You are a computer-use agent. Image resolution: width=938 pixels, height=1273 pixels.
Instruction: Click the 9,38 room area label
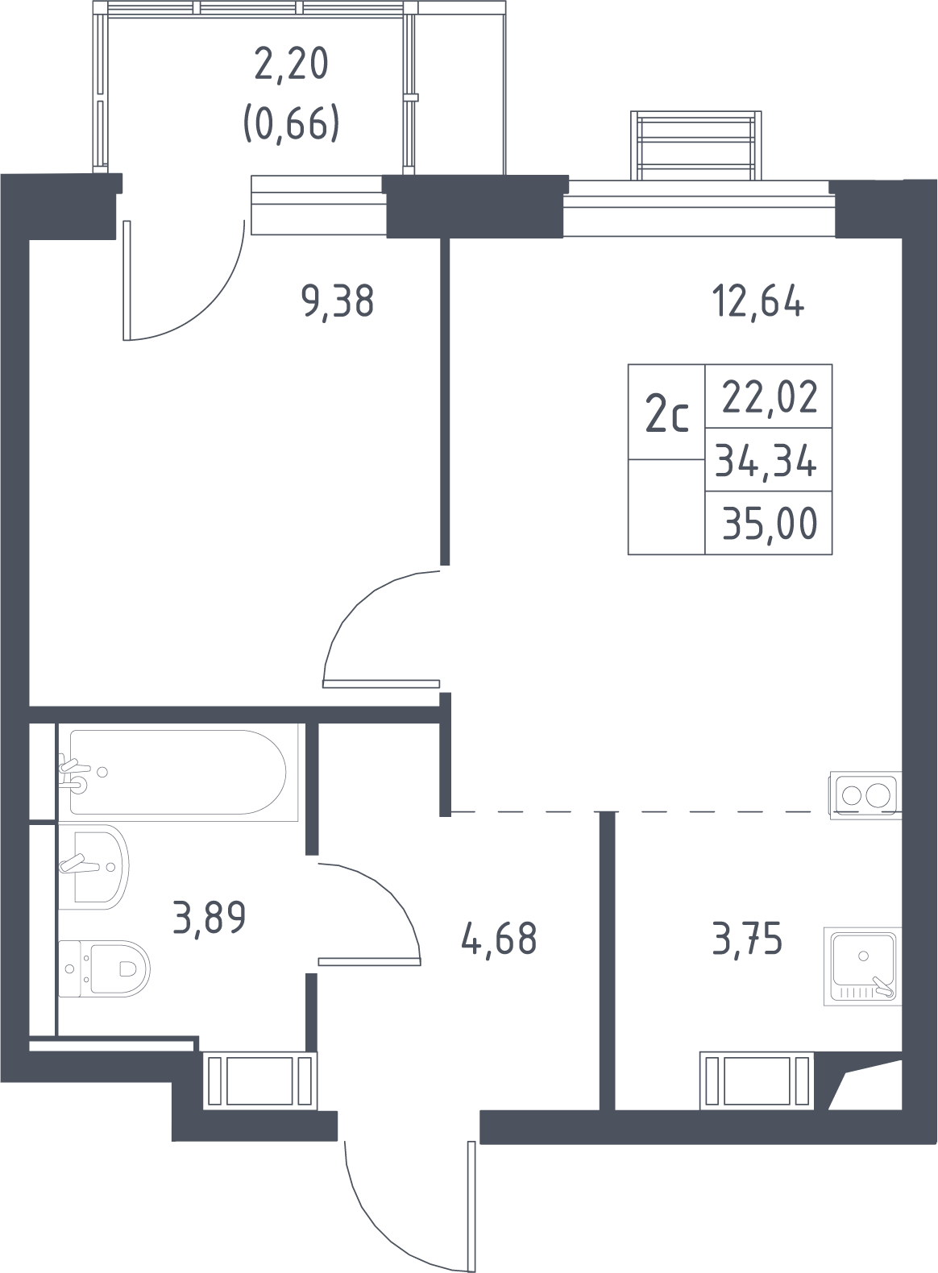tap(338, 303)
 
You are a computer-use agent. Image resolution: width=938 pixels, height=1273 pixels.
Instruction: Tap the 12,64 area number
tap(757, 303)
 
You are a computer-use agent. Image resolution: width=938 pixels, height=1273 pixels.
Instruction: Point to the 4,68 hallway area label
tap(500, 939)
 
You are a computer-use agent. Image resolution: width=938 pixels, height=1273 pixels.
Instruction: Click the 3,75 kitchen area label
tap(747, 939)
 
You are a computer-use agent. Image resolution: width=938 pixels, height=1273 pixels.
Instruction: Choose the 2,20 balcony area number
tap(291, 64)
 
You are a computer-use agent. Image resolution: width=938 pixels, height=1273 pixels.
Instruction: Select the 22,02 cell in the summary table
tap(770, 398)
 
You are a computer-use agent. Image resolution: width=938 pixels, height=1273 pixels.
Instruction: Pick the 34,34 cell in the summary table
tap(766, 460)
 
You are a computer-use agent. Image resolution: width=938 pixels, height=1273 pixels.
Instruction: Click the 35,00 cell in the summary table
tap(770, 524)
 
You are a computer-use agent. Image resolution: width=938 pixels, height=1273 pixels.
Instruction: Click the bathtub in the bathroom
tap(177, 772)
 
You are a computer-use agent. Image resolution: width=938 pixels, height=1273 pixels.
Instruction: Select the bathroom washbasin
tap(93, 866)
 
